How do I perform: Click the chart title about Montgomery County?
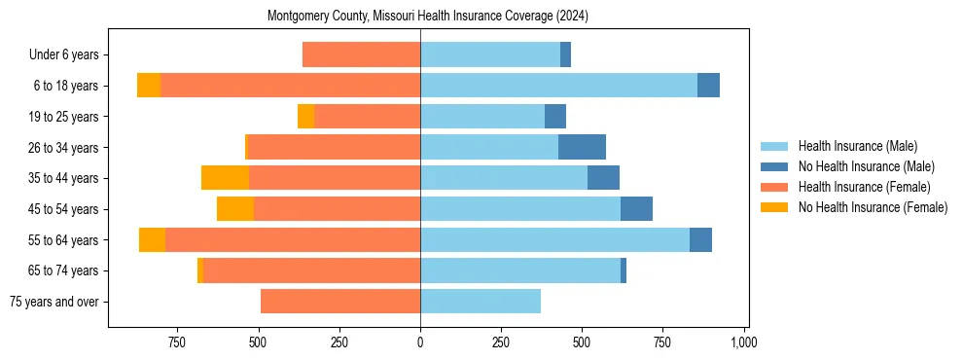tap(428, 17)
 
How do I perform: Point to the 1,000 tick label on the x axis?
tap(743, 342)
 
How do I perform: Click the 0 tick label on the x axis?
tap(420, 342)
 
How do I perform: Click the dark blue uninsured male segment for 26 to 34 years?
tap(582, 147)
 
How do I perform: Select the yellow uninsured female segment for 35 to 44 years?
tap(225, 178)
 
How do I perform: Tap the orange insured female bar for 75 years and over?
tap(340, 302)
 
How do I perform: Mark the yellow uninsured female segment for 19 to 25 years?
tap(305, 117)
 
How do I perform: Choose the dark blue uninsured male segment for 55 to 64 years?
tap(700, 239)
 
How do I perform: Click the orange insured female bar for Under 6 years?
tap(361, 54)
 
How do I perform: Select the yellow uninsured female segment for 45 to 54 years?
tap(235, 209)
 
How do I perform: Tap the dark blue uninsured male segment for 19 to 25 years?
tap(554, 117)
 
